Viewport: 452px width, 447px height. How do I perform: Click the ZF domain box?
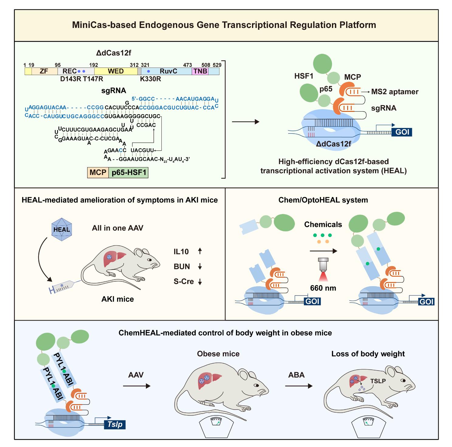point(44,71)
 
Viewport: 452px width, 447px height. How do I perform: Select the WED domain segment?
point(116,71)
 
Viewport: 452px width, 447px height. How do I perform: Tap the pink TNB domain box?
point(200,71)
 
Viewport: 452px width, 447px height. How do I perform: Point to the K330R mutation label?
point(150,79)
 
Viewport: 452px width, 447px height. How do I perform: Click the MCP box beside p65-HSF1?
point(98,173)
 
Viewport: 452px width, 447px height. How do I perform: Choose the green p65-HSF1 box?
point(129,173)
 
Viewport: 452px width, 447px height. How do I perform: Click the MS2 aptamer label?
point(395,91)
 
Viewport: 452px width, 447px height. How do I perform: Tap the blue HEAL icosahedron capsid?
point(62,229)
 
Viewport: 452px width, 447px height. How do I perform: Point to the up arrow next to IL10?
point(200,251)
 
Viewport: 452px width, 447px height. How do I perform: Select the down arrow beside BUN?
point(200,266)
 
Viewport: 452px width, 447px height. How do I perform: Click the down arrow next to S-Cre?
point(200,282)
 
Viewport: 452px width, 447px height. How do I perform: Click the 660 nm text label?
point(323,288)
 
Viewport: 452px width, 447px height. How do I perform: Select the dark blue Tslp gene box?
point(115,424)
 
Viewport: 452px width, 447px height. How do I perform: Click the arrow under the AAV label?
point(136,386)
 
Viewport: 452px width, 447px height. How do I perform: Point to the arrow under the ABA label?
point(298,386)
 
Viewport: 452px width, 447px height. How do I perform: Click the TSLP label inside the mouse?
point(378,381)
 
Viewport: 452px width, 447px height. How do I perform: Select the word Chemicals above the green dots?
point(323,225)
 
